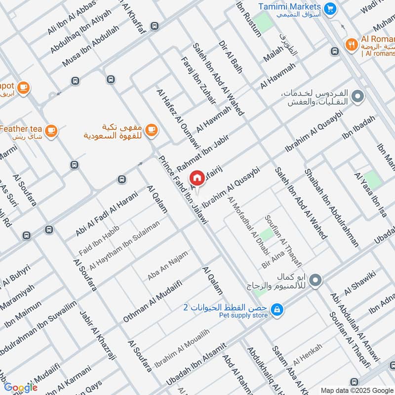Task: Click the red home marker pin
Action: tap(197, 178)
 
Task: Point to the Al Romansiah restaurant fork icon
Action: tap(351, 43)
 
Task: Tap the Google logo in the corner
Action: tap(21, 387)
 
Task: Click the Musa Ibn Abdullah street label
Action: tap(84, 45)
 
